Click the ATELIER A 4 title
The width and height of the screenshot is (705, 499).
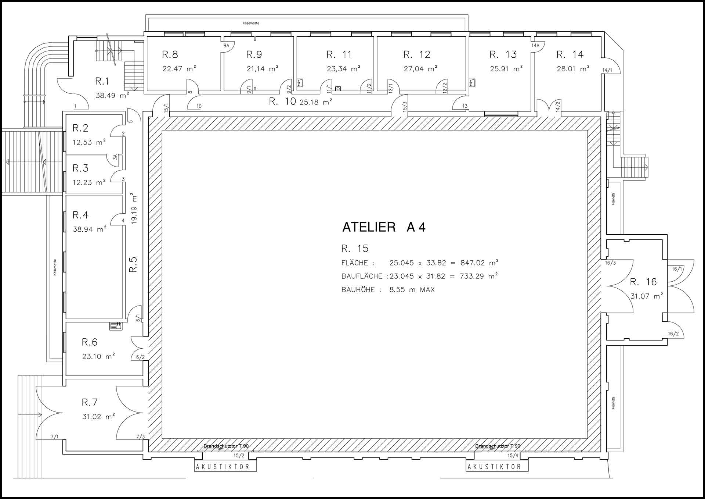384,227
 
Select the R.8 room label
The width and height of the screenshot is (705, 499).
170,54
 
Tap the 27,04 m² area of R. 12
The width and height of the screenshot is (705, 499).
420,69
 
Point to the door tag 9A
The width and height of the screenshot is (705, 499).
226,46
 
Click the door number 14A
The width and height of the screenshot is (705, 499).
535,46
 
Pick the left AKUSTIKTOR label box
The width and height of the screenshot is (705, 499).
225,467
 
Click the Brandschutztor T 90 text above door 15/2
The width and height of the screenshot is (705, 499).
226,446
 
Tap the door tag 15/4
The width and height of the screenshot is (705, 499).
513,456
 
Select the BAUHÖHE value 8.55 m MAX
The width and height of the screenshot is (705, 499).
412,290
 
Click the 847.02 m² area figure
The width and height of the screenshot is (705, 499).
480,263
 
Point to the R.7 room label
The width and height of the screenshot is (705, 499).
90,402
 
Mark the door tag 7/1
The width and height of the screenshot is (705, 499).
55,437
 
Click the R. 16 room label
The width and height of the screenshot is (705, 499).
643,282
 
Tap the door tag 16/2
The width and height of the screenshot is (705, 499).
673,334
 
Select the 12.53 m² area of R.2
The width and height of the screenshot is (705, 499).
89,142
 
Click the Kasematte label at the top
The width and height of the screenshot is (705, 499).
251,23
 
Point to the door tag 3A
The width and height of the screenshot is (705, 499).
115,157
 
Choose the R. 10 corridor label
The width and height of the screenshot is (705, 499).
282,101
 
